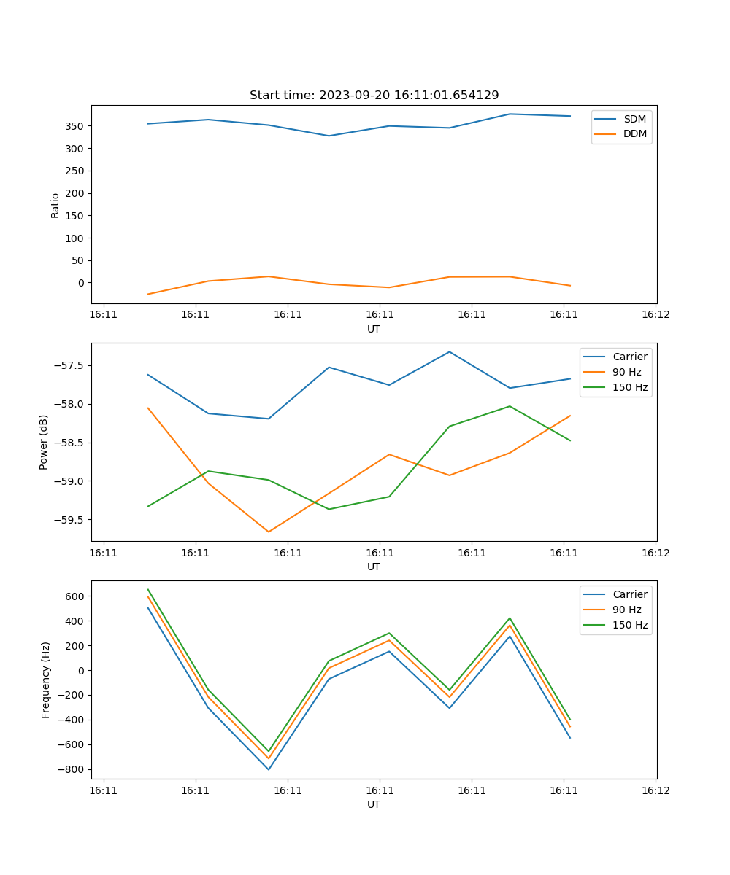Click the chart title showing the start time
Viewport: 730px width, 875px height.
coord(374,96)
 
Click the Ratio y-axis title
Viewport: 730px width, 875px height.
coord(55,205)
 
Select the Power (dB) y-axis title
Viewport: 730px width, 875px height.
coord(45,442)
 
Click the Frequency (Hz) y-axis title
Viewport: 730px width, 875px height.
coord(45,680)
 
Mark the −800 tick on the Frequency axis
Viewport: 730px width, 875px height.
coord(73,770)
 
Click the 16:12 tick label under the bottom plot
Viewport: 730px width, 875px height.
coord(655,790)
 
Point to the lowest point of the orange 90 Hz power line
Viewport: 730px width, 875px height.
coord(269,532)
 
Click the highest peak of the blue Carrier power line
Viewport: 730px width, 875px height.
coord(450,352)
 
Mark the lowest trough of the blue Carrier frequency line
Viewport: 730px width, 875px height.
coord(269,769)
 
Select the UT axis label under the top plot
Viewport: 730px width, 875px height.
coord(374,329)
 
